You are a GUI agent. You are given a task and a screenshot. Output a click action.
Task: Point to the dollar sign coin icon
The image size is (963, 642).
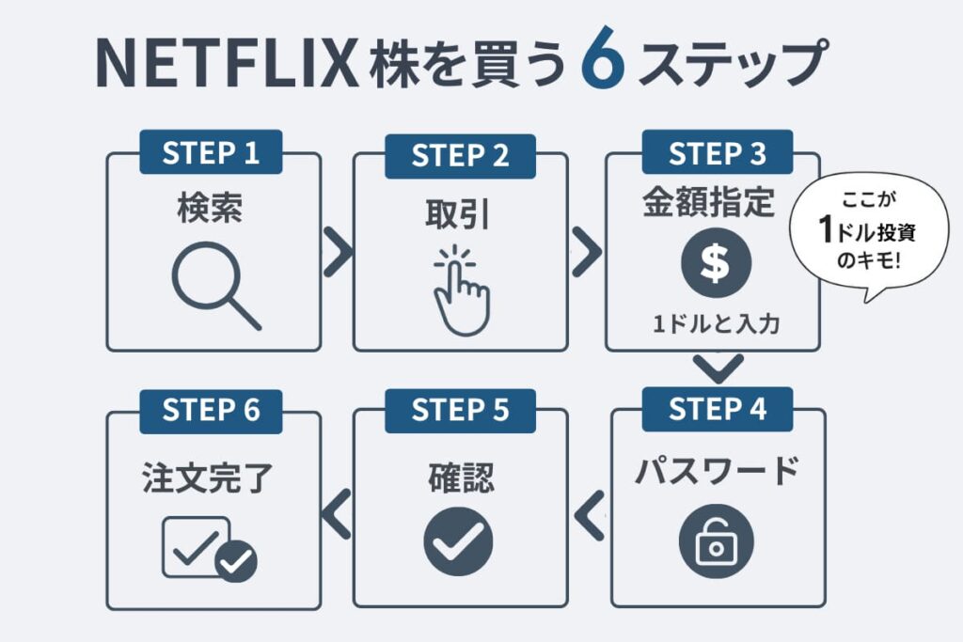click(x=717, y=264)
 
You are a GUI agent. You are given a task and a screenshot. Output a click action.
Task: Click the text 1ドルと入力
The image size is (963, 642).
click(x=717, y=324)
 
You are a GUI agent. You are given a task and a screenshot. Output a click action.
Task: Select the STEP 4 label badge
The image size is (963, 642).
click(x=717, y=409)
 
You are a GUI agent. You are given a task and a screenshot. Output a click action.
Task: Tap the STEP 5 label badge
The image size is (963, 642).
click(x=460, y=411)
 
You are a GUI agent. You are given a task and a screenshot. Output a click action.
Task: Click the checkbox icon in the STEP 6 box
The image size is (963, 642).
click(x=209, y=548)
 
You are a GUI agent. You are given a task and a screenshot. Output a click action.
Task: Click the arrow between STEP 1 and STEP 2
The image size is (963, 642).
click(x=337, y=252)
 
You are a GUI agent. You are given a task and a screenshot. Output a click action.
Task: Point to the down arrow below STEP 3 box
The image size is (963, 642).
click(x=717, y=368)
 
